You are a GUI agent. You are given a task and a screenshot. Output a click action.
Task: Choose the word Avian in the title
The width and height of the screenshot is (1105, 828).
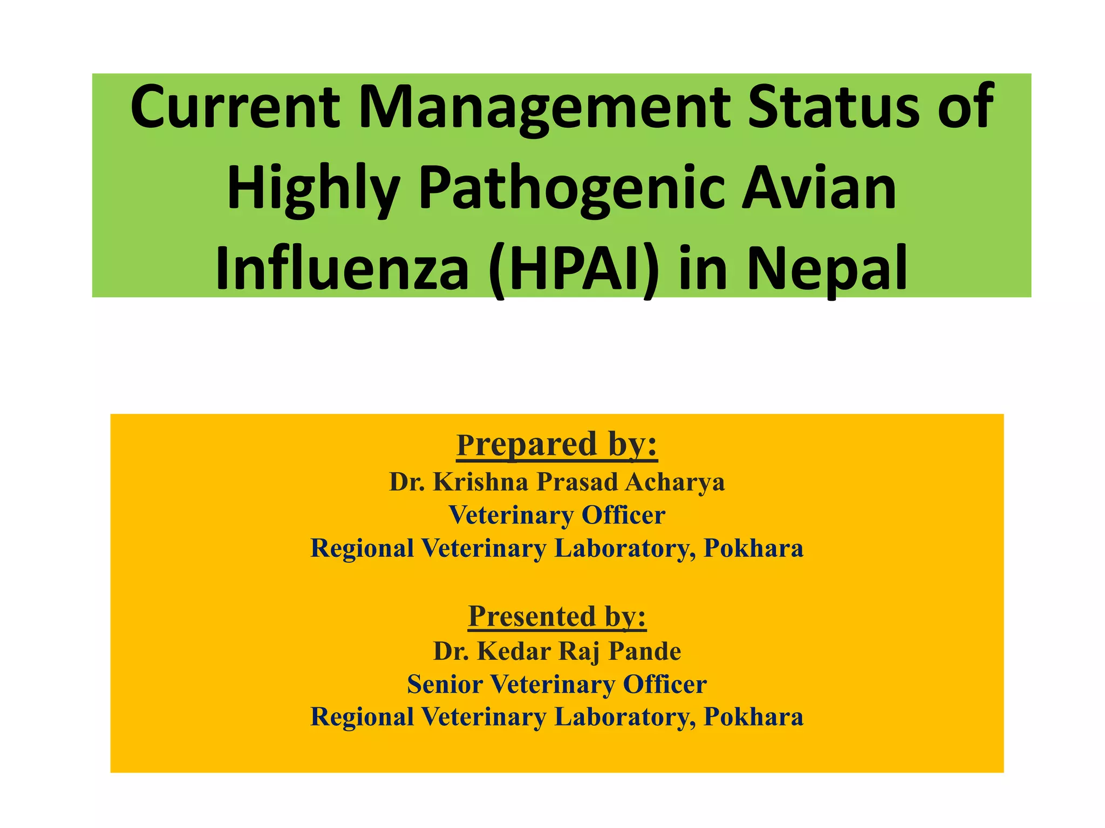(x=818, y=189)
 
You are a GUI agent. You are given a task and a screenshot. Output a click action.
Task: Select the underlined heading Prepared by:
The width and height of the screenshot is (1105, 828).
(x=557, y=445)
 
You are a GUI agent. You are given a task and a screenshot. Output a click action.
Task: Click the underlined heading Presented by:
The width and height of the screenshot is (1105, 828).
(x=557, y=616)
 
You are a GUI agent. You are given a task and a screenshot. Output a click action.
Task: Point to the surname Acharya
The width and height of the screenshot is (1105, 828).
(x=674, y=482)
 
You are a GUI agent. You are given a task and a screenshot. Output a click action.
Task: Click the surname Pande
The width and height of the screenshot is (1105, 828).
(x=645, y=651)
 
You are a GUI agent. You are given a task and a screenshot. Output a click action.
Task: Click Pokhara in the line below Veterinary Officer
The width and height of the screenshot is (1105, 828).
(x=753, y=549)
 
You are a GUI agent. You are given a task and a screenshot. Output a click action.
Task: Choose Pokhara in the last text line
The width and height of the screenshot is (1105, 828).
(x=753, y=717)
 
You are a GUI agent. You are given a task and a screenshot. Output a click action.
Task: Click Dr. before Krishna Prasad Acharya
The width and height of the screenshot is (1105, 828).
(x=407, y=482)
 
